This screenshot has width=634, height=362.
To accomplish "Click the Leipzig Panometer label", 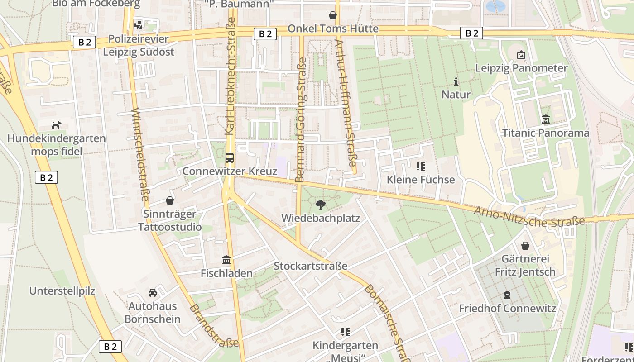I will click(x=521, y=68).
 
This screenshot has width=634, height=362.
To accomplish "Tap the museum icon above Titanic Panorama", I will click(x=546, y=119).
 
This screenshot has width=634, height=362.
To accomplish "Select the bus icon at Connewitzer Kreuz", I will click(x=230, y=158).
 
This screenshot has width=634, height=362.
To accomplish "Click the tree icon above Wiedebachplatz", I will click(x=320, y=205).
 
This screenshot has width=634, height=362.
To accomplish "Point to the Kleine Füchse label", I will click(x=420, y=180).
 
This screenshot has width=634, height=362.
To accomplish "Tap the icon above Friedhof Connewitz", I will click(x=507, y=295).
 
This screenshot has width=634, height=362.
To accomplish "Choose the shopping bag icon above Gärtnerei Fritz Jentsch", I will click(x=525, y=246).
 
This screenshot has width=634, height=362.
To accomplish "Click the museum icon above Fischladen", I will click(x=226, y=260).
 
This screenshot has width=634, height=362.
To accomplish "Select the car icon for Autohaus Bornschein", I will click(x=153, y=293).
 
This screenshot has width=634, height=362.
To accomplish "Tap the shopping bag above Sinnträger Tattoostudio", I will click(x=170, y=200).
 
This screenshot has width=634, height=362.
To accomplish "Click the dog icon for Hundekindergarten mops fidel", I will click(x=56, y=125).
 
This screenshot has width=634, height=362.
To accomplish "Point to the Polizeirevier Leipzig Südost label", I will click(x=138, y=45).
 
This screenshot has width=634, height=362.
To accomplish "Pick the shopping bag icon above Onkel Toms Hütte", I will click(x=333, y=15).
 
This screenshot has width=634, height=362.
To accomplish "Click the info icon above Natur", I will click(x=456, y=81).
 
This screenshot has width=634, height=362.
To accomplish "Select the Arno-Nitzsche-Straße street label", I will click(x=529, y=217).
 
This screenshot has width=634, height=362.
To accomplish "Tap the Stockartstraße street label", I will click(x=310, y=266).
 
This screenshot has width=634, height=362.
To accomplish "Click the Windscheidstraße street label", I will click(x=140, y=154).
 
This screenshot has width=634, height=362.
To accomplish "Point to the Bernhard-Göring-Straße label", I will click(x=302, y=120).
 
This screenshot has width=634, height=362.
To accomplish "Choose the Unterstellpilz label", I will click(x=62, y=291).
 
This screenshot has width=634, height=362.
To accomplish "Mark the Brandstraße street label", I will click(x=214, y=326).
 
